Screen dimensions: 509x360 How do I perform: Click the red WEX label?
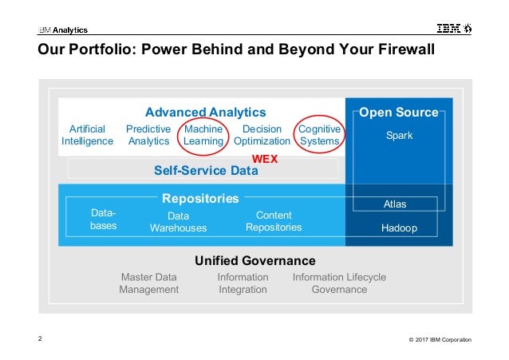(264, 159)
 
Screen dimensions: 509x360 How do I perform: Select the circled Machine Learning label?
(203, 135)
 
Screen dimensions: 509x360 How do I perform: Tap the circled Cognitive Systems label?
(319, 135)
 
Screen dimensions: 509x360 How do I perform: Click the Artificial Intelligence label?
(87, 135)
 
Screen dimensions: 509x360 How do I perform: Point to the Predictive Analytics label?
(148, 135)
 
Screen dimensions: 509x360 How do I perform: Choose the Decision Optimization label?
(262, 135)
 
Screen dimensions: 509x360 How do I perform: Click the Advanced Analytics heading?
(205, 113)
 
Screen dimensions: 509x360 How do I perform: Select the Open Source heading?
(399, 113)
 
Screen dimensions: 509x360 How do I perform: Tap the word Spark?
(399, 136)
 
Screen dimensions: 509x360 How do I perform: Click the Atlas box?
(395, 204)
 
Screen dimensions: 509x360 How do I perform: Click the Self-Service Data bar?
(205, 169)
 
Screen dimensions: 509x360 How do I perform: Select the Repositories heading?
(200, 198)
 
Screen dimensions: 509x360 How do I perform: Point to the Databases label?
(104, 220)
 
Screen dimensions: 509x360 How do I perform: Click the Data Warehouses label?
(178, 222)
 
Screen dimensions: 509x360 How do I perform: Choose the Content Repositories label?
(274, 221)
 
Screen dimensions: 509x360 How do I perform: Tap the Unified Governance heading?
(255, 261)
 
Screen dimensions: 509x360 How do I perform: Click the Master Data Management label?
(149, 283)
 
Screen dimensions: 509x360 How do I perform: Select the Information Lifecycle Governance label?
(339, 283)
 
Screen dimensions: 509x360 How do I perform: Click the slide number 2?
(41, 338)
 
